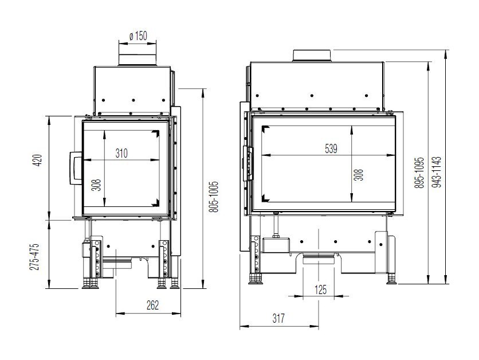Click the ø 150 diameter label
(139, 36)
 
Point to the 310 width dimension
(121, 153)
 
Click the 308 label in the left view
(96, 185)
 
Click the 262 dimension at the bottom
(152, 305)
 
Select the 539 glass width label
(331, 148)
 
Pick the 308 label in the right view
(359, 174)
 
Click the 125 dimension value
(320, 289)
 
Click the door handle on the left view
(75, 168)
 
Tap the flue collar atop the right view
(312, 54)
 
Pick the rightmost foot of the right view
(392, 280)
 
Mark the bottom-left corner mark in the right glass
(265, 198)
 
